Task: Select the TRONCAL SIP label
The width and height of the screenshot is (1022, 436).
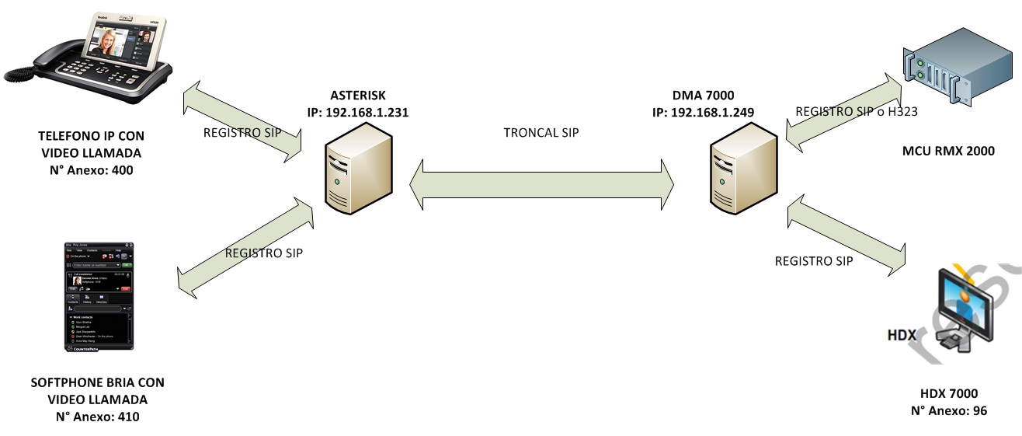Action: click(541, 132)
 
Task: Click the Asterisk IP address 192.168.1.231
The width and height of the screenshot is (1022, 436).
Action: click(358, 112)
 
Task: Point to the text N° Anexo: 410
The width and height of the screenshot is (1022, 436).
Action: click(98, 417)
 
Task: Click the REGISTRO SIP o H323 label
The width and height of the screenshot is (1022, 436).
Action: click(857, 111)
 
